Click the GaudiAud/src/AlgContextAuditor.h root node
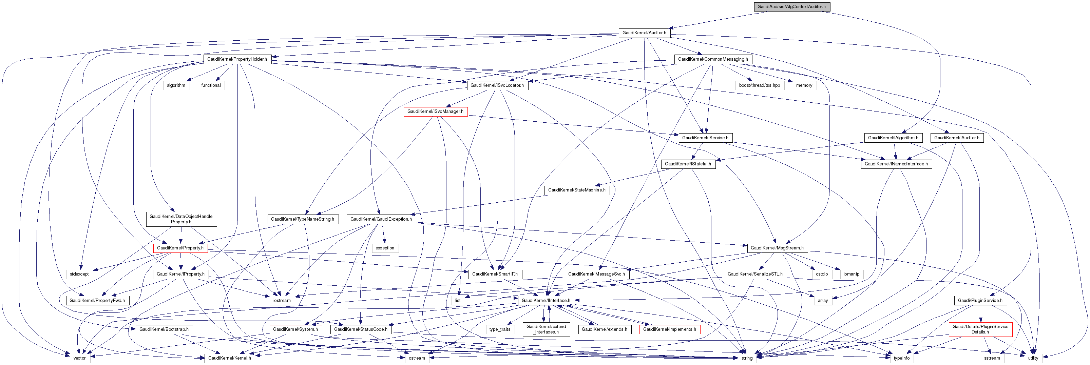[x=791, y=7]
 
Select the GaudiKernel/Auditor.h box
[x=644, y=33]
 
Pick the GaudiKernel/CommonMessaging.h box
[x=713, y=59]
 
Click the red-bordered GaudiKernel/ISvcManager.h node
[x=435, y=111]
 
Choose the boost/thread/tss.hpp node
[x=760, y=85]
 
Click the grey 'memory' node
[x=804, y=85]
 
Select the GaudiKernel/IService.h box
[x=705, y=138]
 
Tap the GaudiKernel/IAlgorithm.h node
[x=893, y=138]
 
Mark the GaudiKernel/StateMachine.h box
[x=577, y=190]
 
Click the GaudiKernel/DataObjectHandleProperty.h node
[x=181, y=219]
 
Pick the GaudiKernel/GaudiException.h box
[x=381, y=219]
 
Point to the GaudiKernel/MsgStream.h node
[x=777, y=248]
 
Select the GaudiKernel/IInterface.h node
[x=546, y=301]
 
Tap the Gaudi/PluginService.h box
[x=980, y=301]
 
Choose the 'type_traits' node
[x=500, y=329]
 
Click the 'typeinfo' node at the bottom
[x=902, y=358]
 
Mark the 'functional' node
[x=211, y=85]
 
